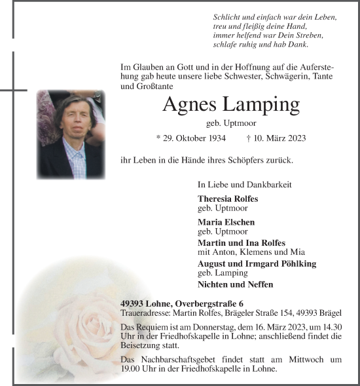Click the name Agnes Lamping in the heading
(x=230, y=105)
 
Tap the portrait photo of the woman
(x=70, y=134)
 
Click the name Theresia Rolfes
(x=227, y=199)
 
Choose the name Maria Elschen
(x=223, y=222)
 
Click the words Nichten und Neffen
(x=235, y=284)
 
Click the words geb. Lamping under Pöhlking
(x=223, y=273)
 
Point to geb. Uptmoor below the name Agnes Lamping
(x=230, y=123)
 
